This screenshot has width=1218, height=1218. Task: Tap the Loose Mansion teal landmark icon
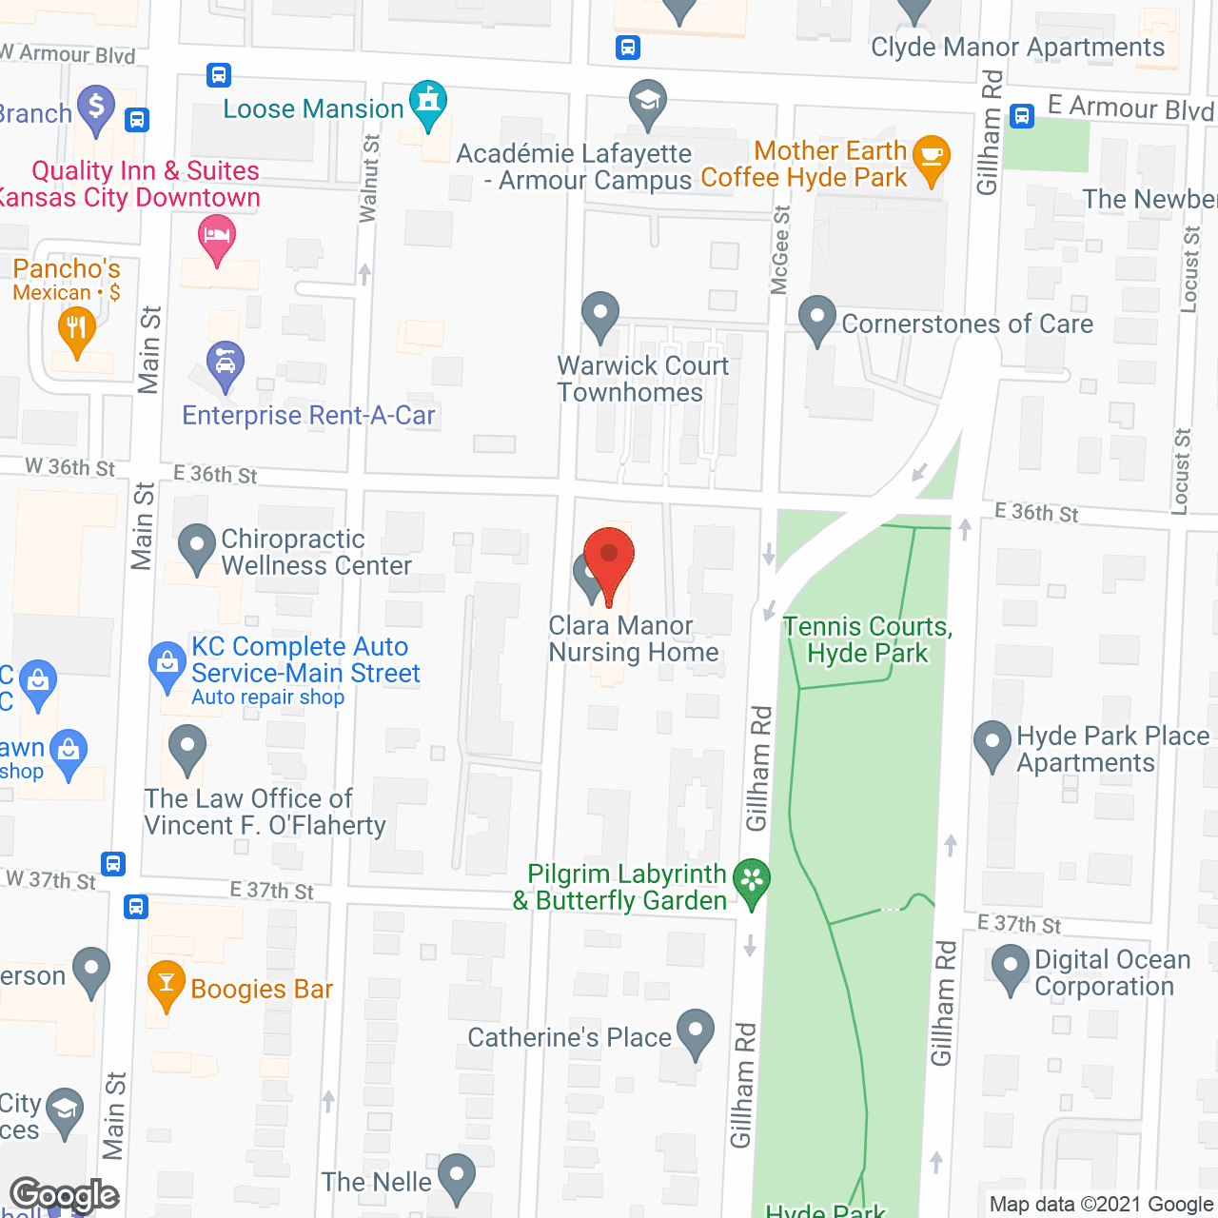(x=428, y=104)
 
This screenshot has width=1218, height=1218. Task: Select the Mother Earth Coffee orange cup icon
(x=931, y=158)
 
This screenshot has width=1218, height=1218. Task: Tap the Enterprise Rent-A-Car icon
(x=226, y=364)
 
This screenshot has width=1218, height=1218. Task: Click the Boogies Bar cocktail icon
(x=167, y=986)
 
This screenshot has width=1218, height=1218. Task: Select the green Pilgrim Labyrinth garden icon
(x=752, y=881)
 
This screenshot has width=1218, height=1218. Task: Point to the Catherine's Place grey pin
(x=696, y=1031)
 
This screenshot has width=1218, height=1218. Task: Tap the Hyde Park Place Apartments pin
(x=992, y=744)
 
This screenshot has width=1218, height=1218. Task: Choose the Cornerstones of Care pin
(x=816, y=319)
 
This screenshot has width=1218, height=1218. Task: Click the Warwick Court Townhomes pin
(x=600, y=314)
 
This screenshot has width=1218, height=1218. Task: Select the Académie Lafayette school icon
(x=648, y=102)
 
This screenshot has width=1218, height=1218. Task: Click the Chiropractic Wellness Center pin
(x=197, y=547)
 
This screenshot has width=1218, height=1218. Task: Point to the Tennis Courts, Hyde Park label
(x=867, y=639)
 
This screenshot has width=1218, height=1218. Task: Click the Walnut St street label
(x=369, y=178)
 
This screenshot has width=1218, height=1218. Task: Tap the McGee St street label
(x=780, y=250)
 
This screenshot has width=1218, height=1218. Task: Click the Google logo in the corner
(x=65, y=1195)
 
